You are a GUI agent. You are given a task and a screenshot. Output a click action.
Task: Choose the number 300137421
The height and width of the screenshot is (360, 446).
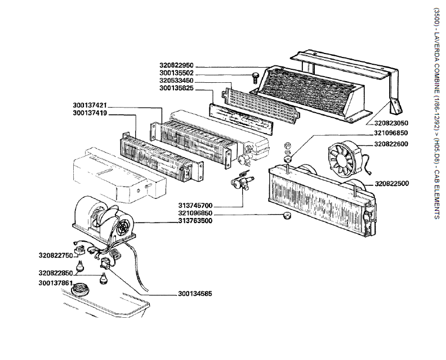tap(90, 105)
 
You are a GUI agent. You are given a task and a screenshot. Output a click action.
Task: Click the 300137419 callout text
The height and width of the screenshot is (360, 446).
tap(90, 113)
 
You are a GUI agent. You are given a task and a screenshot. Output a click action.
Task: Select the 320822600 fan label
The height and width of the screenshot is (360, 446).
tap(391, 144)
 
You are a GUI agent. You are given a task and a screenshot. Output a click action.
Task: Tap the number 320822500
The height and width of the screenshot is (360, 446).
tap(391, 184)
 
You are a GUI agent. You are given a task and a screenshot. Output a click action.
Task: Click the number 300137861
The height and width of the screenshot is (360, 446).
tap(56, 282)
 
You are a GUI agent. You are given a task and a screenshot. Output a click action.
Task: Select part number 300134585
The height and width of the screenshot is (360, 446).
tap(195, 294)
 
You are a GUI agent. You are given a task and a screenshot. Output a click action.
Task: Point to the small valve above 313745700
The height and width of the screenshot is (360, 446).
tap(242, 180)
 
